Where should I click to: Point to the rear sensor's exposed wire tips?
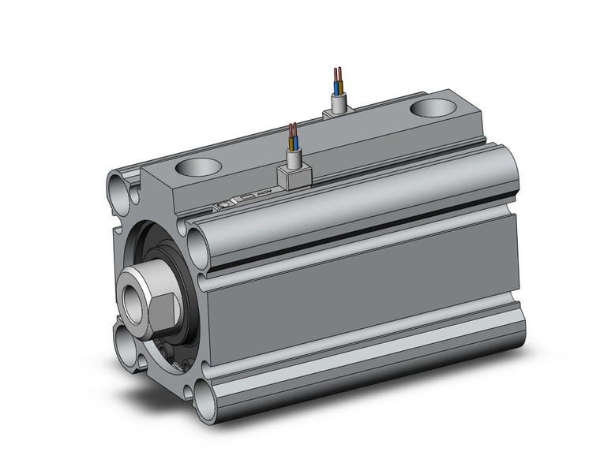[x=339, y=77]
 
